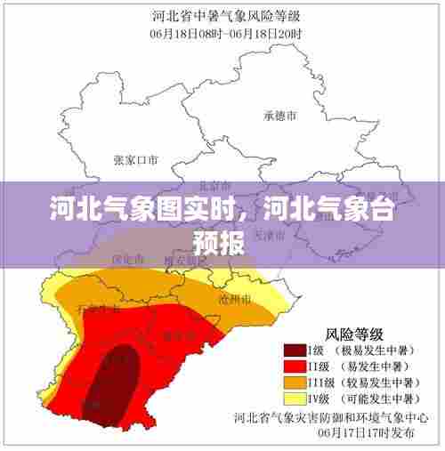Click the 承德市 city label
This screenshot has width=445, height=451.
click(x=279, y=116)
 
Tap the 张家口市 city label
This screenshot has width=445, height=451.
click(x=135, y=161)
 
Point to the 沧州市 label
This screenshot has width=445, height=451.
click(x=234, y=299)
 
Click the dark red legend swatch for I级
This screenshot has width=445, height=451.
click(x=295, y=350)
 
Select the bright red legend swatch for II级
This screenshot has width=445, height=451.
click(x=295, y=365)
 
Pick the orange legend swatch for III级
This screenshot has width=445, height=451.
click(x=295, y=381)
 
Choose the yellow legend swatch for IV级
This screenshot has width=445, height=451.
click(x=295, y=397)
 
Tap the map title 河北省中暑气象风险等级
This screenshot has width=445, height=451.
click(x=226, y=15)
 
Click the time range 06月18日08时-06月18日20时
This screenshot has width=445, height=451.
click(x=226, y=32)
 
